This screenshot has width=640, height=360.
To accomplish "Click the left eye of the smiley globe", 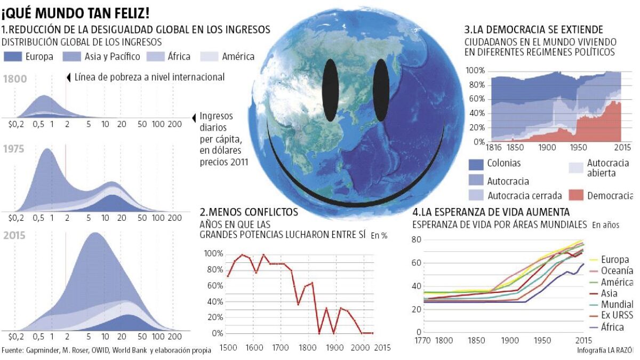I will [331, 90].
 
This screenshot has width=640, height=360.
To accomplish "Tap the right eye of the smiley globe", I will [381, 90].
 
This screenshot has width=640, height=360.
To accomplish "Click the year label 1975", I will [14, 150].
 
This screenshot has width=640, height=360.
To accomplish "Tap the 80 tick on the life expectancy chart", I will [417, 240].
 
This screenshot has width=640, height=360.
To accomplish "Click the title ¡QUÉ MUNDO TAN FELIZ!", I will [75, 12].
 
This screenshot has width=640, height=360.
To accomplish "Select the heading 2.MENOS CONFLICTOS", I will [249, 212].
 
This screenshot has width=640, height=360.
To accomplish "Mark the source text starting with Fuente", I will [106, 350].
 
